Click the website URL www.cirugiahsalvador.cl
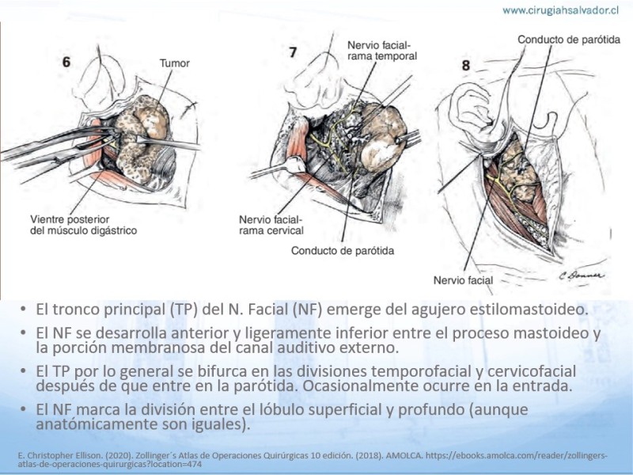click(x=560, y=10)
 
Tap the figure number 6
click(x=66, y=62)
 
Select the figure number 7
click(x=293, y=52)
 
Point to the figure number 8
click(x=466, y=65)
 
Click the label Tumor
click(x=174, y=63)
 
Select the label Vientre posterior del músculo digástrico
click(x=84, y=225)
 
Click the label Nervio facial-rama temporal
click(x=382, y=51)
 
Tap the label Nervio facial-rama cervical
click(x=271, y=225)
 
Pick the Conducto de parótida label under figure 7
click(x=343, y=251)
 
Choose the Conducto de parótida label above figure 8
click(x=569, y=40)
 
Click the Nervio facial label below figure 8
click(x=463, y=280)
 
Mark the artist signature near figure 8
click(x=582, y=275)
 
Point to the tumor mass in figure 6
click(x=142, y=137)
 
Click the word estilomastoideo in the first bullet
click(x=533, y=310)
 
